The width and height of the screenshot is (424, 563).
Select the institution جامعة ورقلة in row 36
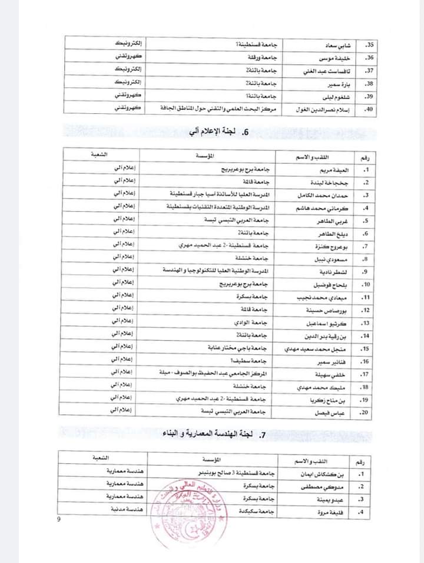coord(258,57)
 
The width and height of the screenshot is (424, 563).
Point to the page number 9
coord(58,519)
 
